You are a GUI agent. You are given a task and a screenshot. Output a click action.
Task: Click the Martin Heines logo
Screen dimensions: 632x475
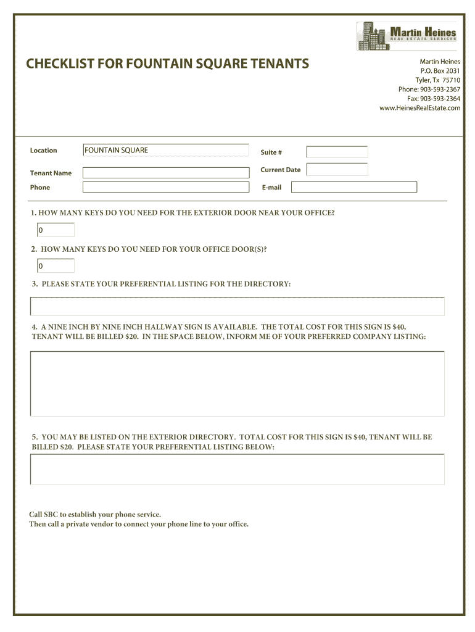[407, 36]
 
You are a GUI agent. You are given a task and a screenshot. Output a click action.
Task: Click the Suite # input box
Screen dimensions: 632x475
[337, 152]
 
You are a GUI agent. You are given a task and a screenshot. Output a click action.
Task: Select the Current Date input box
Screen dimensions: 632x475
[337, 169]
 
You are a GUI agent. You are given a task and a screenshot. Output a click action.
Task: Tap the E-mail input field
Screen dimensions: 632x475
[353, 187]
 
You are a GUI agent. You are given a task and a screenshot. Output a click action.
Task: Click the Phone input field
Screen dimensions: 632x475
[165, 187]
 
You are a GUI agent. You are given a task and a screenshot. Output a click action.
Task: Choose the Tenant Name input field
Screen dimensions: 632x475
[165, 173]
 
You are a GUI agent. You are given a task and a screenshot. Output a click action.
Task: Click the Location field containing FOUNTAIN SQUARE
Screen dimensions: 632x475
[165, 150]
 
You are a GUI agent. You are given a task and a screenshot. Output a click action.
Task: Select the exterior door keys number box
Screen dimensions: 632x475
[55, 230]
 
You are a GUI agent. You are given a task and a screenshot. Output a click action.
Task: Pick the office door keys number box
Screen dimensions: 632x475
[55, 266]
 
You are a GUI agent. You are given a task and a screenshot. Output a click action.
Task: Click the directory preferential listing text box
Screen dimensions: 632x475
[237, 307]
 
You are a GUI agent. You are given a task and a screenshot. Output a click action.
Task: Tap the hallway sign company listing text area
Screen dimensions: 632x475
[237, 383]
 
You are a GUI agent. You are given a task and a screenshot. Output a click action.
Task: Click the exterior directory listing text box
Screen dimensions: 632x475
[237, 469]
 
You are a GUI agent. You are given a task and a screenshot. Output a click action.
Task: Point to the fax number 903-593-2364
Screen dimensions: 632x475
[433, 99]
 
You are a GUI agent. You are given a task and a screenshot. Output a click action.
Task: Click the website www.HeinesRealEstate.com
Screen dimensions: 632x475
[419, 108]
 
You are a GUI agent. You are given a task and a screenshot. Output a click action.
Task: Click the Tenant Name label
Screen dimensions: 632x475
[51, 173]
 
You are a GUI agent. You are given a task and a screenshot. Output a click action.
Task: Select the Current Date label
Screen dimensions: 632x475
[281, 170]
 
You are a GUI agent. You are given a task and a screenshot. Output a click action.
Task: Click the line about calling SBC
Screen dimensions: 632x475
[95, 514]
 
